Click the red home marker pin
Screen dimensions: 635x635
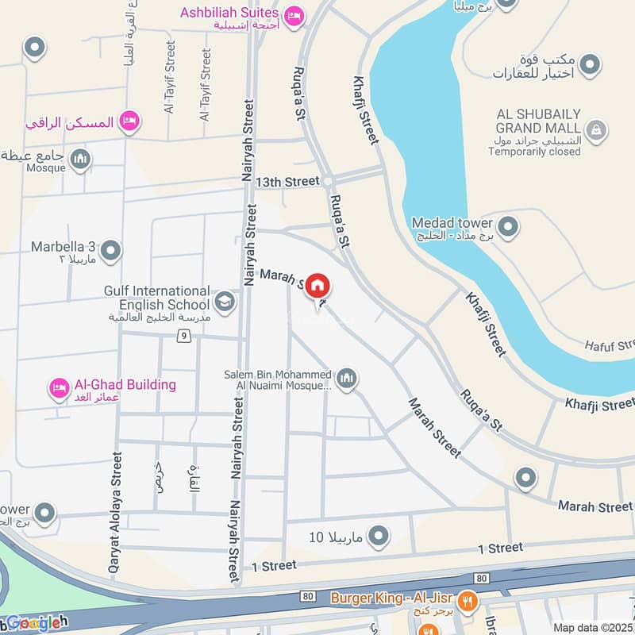coord(317,285)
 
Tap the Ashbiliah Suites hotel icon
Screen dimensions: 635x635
coord(294,14)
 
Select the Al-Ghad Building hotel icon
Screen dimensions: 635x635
coord(59,388)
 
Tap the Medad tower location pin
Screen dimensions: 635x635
coord(509,228)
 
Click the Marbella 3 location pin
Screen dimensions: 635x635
coord(111,251)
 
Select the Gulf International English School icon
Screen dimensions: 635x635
coord(225,302)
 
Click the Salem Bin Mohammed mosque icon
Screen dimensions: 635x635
coord(346,379)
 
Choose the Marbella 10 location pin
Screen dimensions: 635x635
coord(379,536)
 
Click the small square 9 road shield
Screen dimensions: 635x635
coord(184,336)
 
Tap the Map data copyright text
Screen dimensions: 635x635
coord(593,627)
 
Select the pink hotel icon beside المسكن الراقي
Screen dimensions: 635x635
coord(130,121)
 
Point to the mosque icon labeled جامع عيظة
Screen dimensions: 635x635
coord(79,161)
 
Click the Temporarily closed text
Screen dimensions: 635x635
coord(534,152)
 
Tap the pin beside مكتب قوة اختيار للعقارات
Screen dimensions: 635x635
coord(588,63)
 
